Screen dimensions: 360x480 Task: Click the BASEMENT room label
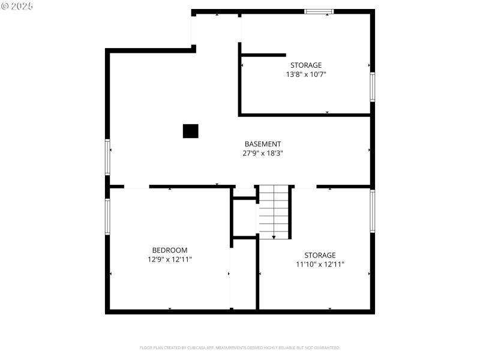[263, 144]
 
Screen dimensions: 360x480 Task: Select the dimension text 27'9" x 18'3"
[263, 153]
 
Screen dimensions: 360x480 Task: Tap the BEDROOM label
[170, 250]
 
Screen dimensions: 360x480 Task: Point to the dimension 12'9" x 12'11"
[170, 259]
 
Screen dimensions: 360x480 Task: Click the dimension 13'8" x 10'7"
[306, 74]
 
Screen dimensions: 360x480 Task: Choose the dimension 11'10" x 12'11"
[320, 264]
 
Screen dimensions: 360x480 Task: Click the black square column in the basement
[190, 131]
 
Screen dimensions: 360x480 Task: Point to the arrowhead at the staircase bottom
[274, 237]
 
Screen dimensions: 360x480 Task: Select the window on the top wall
[319, 11]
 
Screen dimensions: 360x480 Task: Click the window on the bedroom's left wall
[108, 216]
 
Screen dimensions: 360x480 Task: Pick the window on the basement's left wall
[108, 157]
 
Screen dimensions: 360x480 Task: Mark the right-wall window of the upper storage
[372, 87]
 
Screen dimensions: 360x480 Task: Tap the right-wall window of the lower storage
[372, 211]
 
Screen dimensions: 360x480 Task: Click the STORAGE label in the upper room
[306, 65]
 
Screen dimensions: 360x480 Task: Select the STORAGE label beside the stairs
[320, 255]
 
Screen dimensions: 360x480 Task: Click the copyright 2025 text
[17, 6]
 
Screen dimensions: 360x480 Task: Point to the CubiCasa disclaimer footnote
[240, 347]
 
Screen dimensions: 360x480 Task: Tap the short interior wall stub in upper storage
[263, 55]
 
